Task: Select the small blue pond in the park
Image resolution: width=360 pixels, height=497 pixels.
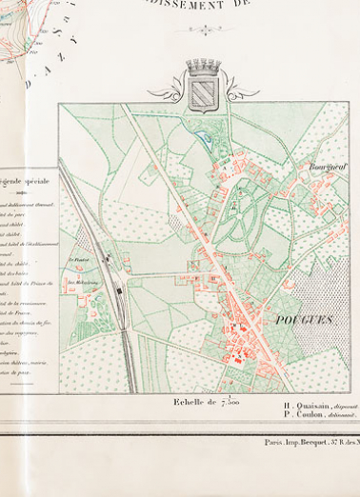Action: (206, 139)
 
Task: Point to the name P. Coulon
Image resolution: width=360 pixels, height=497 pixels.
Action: (303, 415)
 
